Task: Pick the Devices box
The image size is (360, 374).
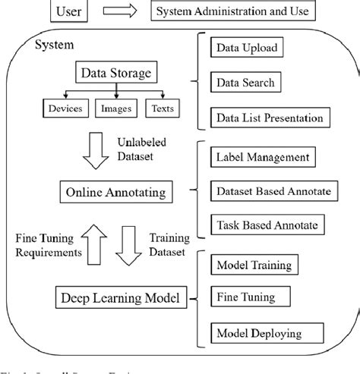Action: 65,108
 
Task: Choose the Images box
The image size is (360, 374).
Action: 115,108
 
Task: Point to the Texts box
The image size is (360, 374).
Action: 162,108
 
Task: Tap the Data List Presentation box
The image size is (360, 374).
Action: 270,118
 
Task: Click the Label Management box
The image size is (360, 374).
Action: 262,157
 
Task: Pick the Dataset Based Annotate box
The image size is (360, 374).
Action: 273,191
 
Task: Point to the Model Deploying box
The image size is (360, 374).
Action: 258,333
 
